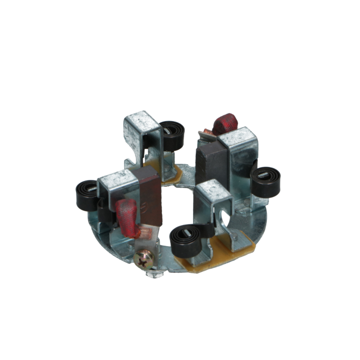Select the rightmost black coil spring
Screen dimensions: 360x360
pyautogui.click(x=265, y=181)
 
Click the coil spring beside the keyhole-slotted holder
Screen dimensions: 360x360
pyautogui.click(x=186, y=241)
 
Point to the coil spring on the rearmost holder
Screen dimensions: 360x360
pyautogui.click(x=172, y=135)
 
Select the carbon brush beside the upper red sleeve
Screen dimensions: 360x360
pyautogui.click(x=212, y=164)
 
